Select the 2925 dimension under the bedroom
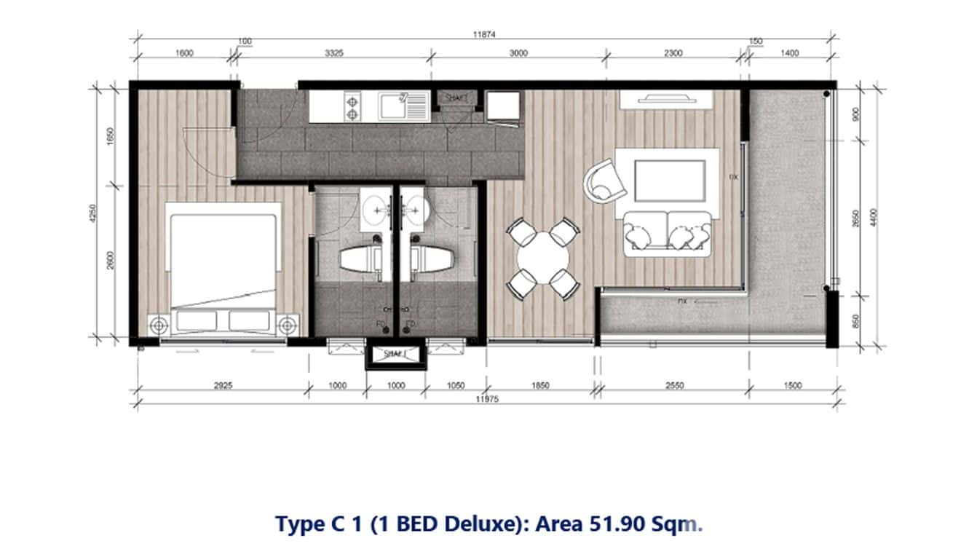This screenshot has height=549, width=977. pos(223,386)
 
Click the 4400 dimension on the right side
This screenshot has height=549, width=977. pos(874,216)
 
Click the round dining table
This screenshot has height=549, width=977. pos(543,258)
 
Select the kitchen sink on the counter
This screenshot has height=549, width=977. pos(401,106)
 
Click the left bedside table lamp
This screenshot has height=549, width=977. pos(157,324)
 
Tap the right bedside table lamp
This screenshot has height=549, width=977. pos(289,324)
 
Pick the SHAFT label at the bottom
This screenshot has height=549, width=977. pos(395,355)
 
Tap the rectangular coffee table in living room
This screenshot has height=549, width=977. pos(670,181)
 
